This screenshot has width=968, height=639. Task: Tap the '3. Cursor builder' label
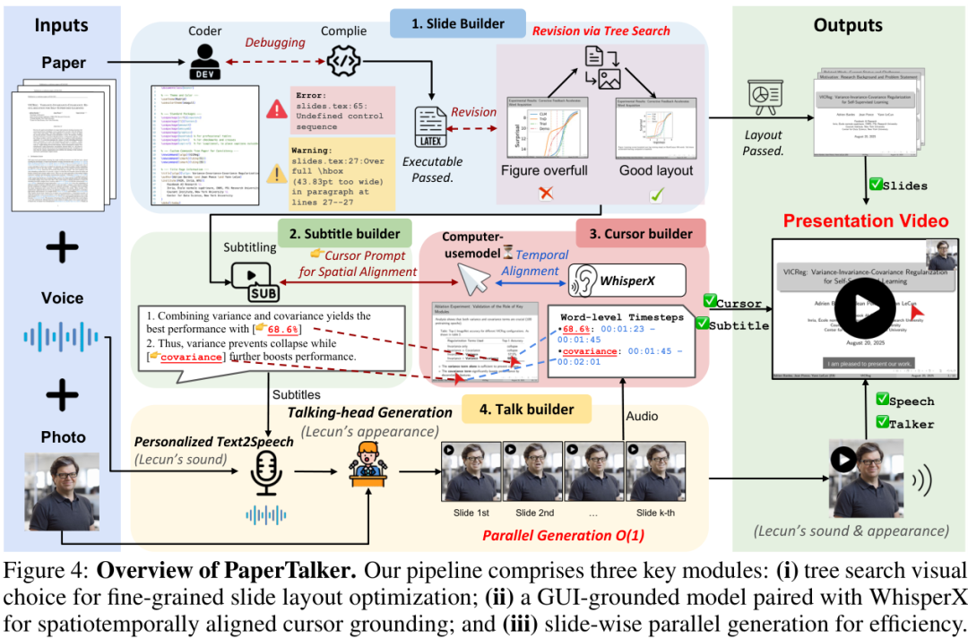tap(640, 234)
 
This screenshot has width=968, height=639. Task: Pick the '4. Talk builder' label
tap(527, 409)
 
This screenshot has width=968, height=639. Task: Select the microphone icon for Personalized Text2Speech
tap(269, 472)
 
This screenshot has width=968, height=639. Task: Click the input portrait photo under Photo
tap(61, 498)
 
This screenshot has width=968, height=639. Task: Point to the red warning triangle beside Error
tap(276, 109)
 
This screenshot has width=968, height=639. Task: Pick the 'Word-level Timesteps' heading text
tap(622, 316)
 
